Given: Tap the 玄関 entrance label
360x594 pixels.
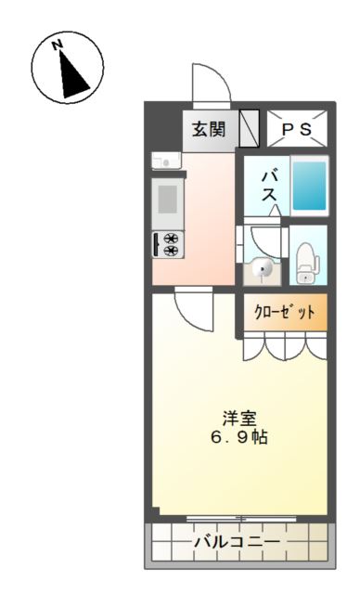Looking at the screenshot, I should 208,129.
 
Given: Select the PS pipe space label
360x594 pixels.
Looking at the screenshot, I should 297,129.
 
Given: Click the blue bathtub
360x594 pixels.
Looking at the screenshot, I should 309,185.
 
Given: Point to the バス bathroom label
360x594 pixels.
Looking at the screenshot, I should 269,185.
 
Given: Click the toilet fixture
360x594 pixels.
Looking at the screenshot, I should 305,264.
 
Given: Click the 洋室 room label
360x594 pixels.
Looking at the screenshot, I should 239,417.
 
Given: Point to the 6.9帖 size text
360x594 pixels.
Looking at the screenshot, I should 239,436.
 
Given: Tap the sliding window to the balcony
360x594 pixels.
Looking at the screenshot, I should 239,517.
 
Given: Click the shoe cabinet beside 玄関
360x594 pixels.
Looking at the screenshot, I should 249,129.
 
